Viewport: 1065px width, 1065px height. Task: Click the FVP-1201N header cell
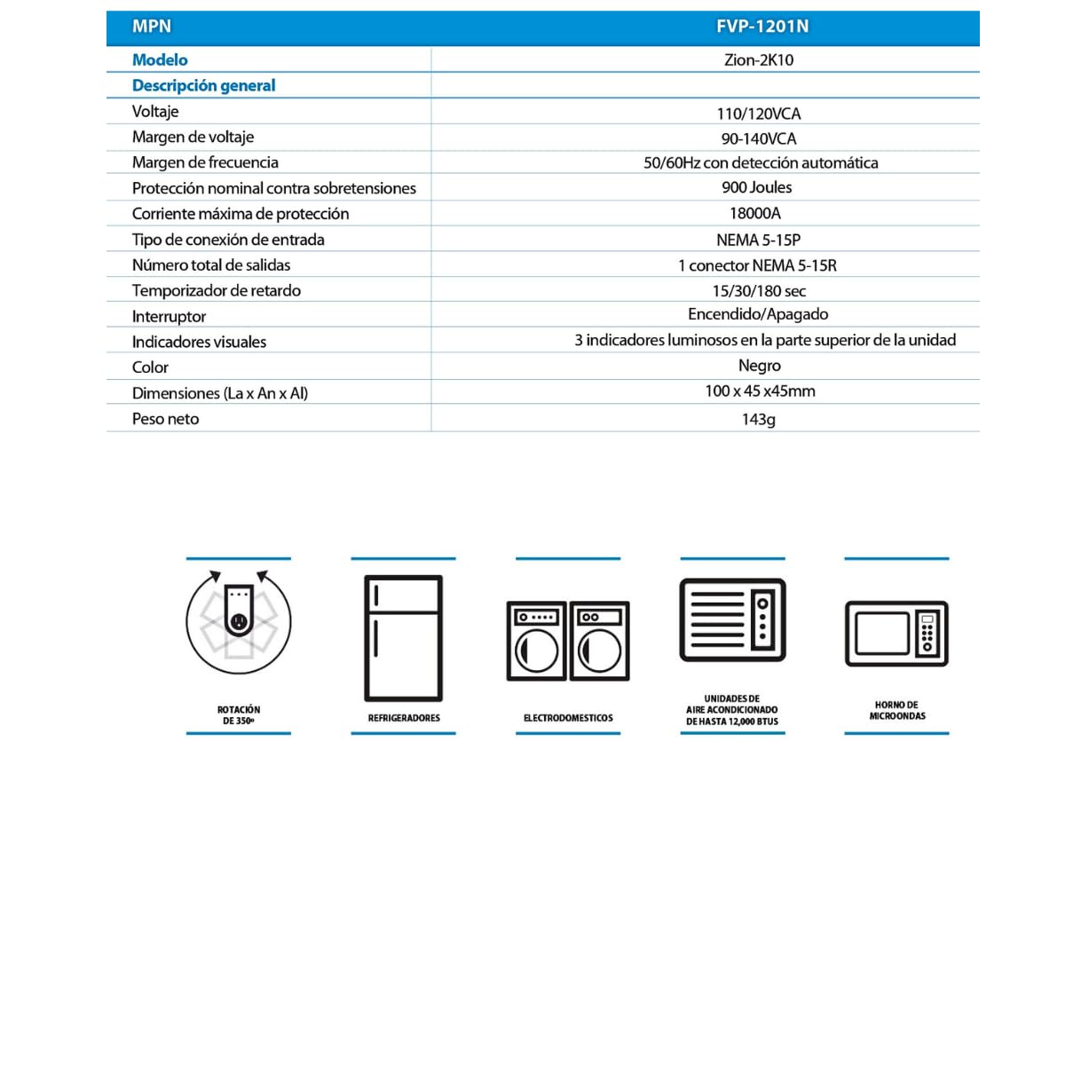(762, 27)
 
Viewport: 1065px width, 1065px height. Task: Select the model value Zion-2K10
(759, 60)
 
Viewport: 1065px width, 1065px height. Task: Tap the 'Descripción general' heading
(203, 86)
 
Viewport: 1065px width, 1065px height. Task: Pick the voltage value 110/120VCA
(759, 114)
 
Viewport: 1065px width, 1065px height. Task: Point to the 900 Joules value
(757, 187)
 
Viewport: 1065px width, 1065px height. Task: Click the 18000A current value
(755, 213)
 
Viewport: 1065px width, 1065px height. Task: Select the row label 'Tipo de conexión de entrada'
(228, 240)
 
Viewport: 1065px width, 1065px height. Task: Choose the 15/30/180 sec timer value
(759, 291)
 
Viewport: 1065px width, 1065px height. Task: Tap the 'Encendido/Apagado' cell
(758, 314)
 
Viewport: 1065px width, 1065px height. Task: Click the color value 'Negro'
(760, 366)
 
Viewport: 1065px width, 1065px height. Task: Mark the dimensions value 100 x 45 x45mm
(760, 391)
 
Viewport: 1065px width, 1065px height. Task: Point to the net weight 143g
(759, 419)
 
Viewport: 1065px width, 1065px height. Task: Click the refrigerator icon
(404, 638)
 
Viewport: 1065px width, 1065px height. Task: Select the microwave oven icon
(896, 634)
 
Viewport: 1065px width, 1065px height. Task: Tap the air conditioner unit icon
(733, 619)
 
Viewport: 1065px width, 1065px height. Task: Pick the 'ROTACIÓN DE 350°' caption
(239, 715)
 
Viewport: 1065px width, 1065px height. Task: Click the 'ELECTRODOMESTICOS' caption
(568, 718)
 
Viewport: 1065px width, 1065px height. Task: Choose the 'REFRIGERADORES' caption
(404, 718)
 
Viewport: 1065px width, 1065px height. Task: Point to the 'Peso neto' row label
(165, 419)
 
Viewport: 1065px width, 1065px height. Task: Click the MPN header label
(152, 27)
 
